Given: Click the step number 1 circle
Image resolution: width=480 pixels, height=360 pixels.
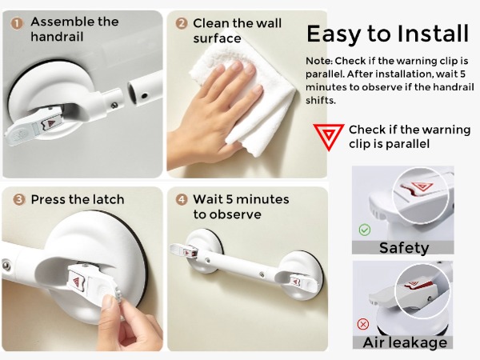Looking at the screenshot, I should tap(17, 22).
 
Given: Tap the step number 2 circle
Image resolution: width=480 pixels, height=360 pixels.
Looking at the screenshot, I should tap(181, 22).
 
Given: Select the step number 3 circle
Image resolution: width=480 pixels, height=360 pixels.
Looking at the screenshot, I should tap(17, 198).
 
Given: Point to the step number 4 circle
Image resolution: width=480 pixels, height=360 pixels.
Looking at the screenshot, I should tap(181, 198).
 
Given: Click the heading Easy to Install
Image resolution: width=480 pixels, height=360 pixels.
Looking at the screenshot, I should tap(388, 34).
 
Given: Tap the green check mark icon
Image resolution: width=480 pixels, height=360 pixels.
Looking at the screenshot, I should tap(365, 230).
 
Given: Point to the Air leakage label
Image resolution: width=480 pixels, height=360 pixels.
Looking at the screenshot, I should tap(404, 342).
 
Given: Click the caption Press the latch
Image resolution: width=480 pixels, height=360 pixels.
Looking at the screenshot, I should tap(78, 199).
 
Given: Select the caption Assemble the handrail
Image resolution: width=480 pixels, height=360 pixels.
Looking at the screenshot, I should tap(74, 30).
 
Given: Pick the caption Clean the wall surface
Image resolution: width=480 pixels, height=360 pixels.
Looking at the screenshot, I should tap(236, 30).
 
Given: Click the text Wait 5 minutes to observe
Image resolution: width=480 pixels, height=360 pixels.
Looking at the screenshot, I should tap(240, 206).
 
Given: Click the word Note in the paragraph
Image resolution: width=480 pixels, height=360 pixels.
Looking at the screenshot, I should tap(319, 62).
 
